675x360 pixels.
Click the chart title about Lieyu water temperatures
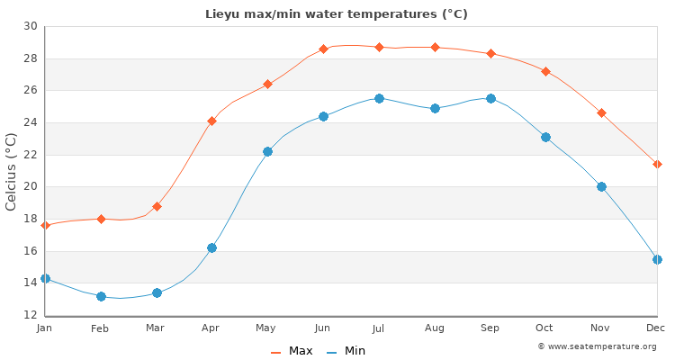tap(337, 13)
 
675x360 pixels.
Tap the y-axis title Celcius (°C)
tap(12, 171)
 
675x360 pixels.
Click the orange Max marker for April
tap(211, 121)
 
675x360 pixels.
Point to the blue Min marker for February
tap(101, 296)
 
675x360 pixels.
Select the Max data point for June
tap(323, 49)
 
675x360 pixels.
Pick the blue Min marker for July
tap(379, 98)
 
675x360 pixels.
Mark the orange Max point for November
tap(601, 112)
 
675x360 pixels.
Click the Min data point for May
tap(267, 151)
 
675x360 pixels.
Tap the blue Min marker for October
tap(545, 137)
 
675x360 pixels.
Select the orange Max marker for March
tap(157, 206)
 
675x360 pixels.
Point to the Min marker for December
tap(657, 259)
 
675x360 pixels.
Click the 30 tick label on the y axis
tap(31, 26)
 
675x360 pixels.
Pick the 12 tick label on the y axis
tap(31, 315)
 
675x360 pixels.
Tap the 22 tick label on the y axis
tap(31, 155)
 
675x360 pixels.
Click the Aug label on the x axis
tap(435, 328)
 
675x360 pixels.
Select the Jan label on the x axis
tap(45, 328)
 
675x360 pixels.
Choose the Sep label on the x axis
tap(490, 328)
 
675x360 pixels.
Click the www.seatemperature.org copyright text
tap(597, 346)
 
